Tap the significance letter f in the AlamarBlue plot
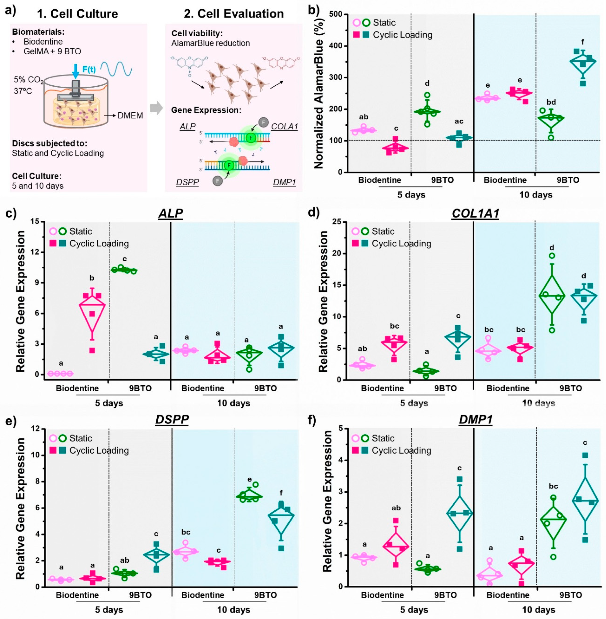[x=582, y=42]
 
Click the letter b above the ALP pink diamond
[x=92, y=278]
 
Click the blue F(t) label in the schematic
[x=89, y=69]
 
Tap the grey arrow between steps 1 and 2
[x=156, y=108]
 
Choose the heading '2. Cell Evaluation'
[x=234, y=14]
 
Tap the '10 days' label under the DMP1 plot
[x=538, y=609]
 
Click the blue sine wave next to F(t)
[x=116, y=69]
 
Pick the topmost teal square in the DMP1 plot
[x=585, y=456]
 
